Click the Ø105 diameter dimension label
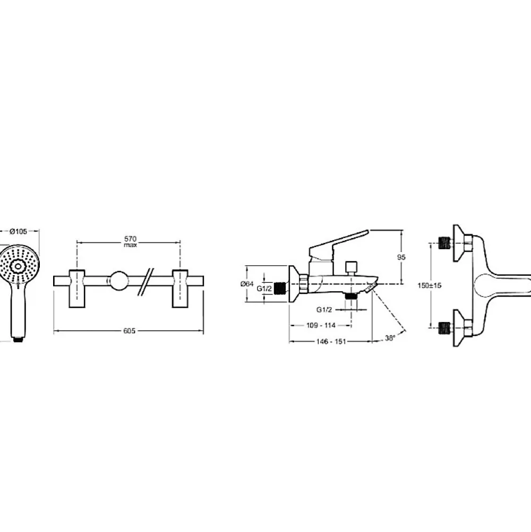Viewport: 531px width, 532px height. (x=18, y=231)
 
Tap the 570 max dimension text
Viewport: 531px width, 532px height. (x=130, y=242)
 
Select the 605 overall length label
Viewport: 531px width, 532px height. (x=129, y=331)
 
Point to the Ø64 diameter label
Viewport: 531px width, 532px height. (x=247, y=284)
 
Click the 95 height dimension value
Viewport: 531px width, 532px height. (x=401, y=257)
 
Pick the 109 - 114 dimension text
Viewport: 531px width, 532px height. (x=321, y=325)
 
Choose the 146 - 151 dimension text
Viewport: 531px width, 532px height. (x=331, y=342)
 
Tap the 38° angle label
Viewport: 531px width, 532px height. (x=390, y=338)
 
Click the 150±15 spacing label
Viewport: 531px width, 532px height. (x=429, y=285)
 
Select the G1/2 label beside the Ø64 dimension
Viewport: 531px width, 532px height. (x=264, y=289)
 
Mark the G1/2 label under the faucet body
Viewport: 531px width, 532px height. (x=324, y=309)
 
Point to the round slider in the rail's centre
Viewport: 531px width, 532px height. (x=118, y=281)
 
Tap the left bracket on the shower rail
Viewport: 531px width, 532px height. (x=77, y=289)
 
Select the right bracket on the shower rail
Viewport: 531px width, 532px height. (x=180, y=289)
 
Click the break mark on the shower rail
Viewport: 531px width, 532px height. (x=146, y=282)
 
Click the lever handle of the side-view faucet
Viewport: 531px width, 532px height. (x=338, y=245)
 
